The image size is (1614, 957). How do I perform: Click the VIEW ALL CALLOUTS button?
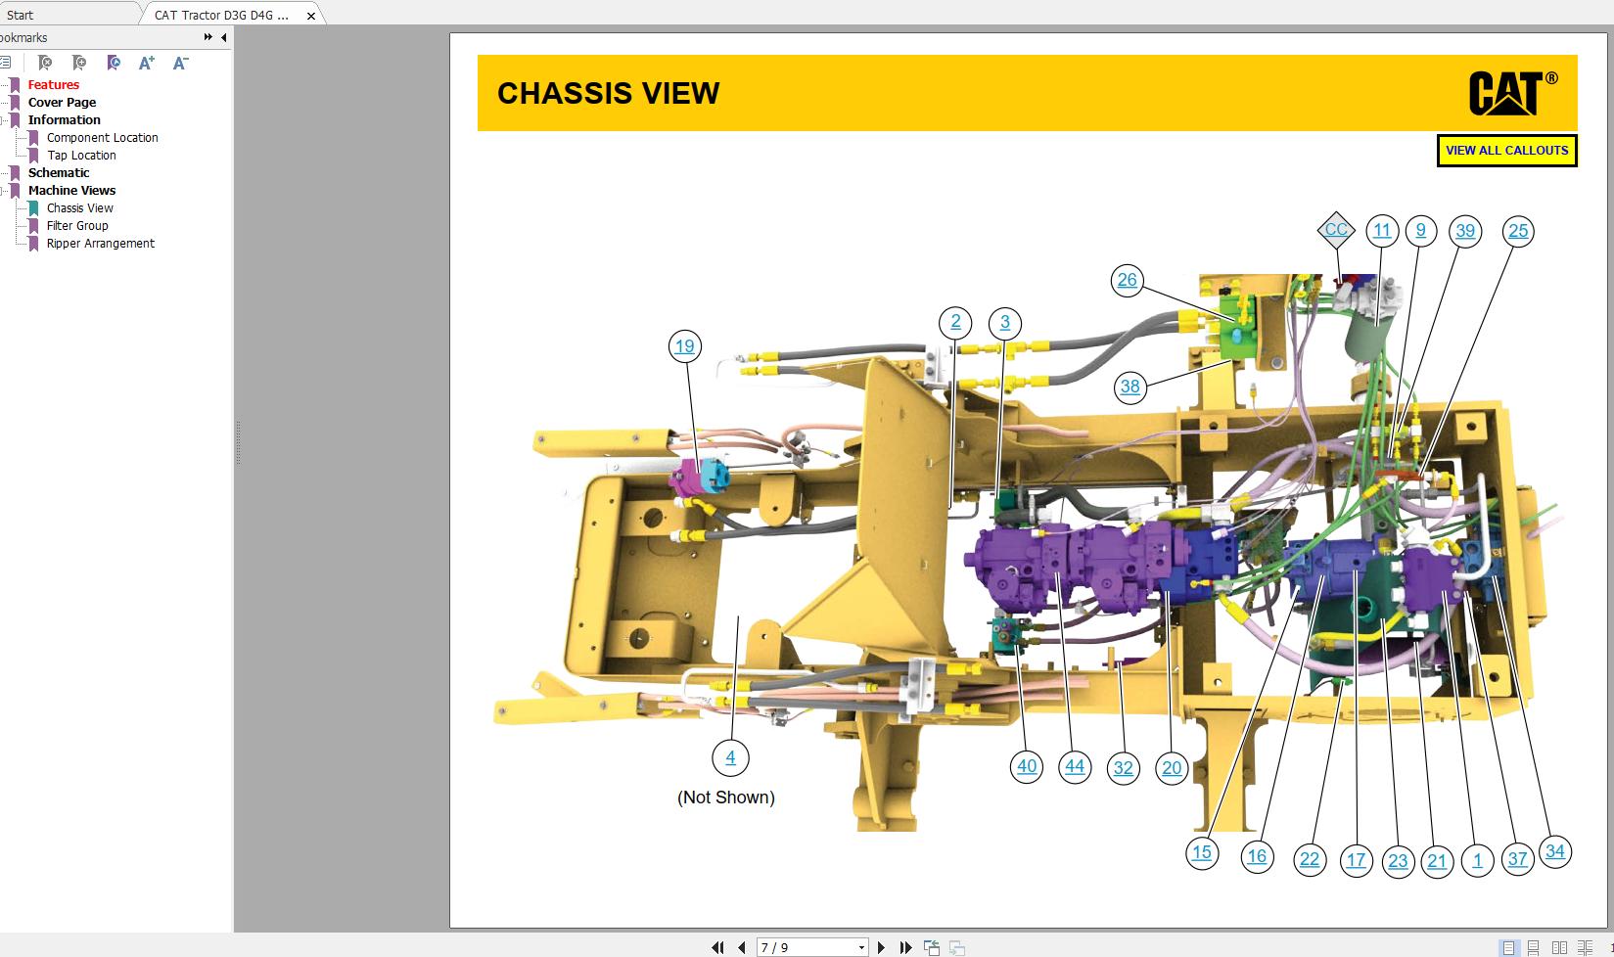1506,151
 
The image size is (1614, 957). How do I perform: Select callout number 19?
684,346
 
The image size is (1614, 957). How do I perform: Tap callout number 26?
1127,281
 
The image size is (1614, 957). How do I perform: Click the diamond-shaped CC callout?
1335,231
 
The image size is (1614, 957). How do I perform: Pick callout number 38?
1130,387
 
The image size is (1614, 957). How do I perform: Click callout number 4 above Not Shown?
730,757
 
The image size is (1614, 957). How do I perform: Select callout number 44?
1074,766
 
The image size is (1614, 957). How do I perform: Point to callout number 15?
1201,852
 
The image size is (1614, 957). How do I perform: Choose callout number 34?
1554,851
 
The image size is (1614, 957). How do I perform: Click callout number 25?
1517,232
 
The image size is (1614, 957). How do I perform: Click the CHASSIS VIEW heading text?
608,93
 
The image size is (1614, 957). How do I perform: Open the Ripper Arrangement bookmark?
100,244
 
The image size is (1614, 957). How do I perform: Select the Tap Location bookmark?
81,156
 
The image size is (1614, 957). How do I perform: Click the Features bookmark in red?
53,85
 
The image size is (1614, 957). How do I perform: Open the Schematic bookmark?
58,173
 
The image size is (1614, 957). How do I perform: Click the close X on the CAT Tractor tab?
311,15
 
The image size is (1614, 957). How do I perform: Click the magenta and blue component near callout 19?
700,476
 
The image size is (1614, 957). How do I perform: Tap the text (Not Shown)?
725,797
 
